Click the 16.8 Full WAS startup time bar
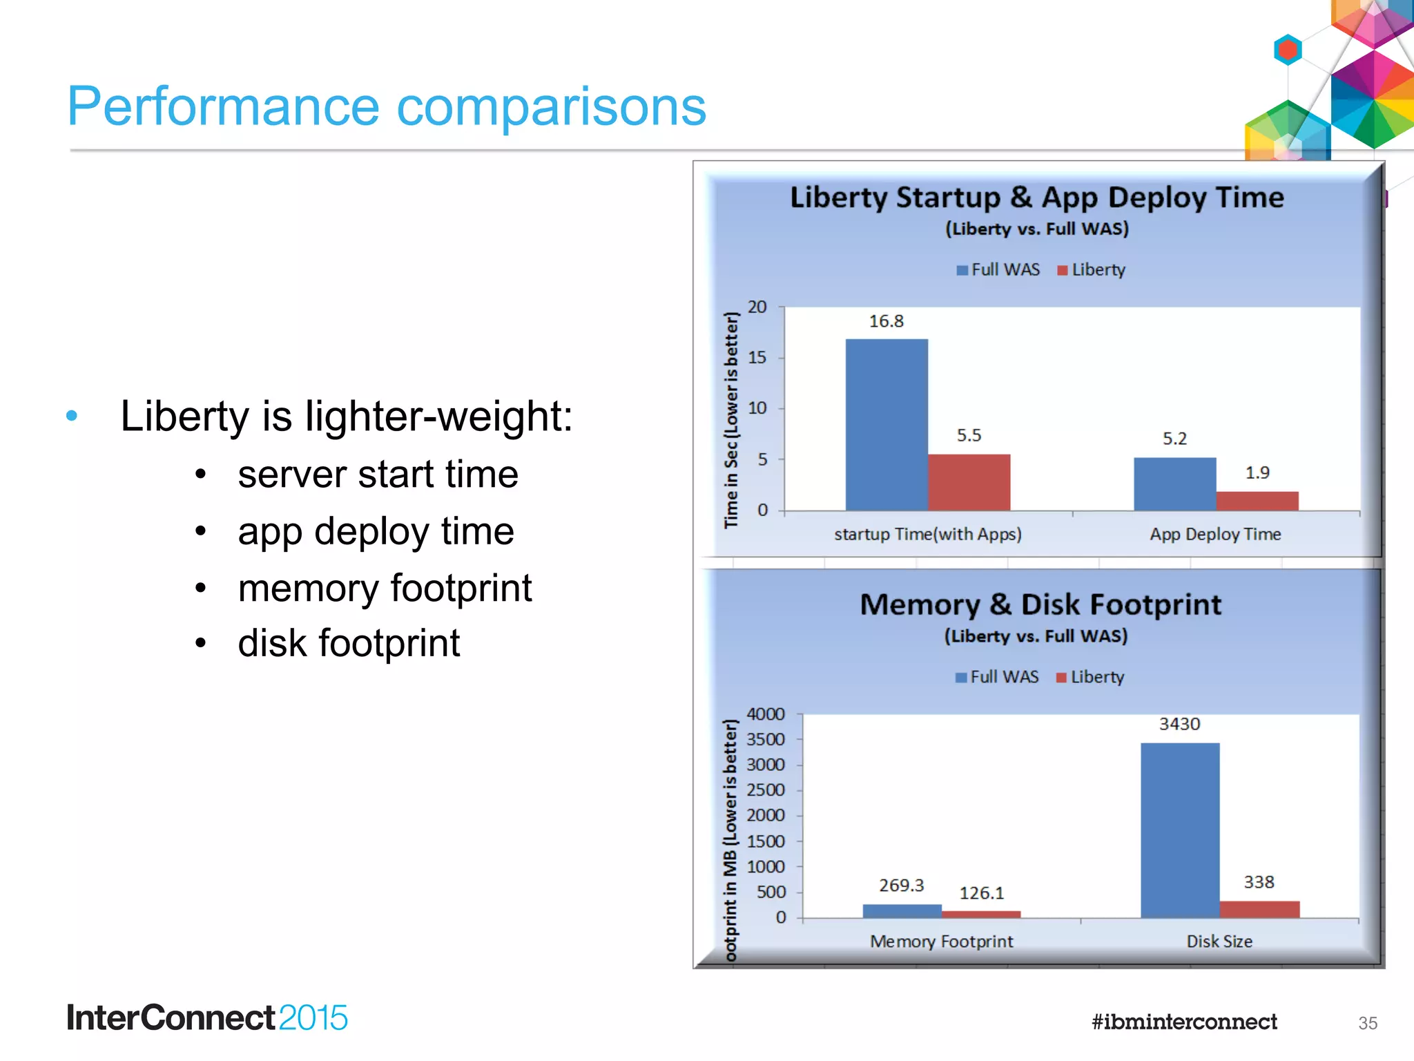(x=887, y=424)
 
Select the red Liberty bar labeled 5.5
(x=969, y=482)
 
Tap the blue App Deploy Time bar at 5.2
(x=1174, y=484)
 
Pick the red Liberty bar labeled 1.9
(x=1257, y=501)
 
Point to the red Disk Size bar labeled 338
(x=1259, y=909)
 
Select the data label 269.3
(x=901, y=885)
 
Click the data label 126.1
(x=981, y=893)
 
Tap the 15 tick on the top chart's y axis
(x=757, y=357)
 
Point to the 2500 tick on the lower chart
(x=766, y=790)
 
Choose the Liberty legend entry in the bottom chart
(x=1090, y=677)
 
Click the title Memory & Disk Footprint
(x=1040, y=604)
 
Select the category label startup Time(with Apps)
(x=927, y=534)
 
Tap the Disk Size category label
(x=1219, y=941)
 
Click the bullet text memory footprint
(x=385, y=589)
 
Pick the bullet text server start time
(x=378, y=475)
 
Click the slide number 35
(x=1367, y=1023)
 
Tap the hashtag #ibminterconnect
(x=1184, y=1022)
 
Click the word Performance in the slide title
(x=223, y=106)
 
